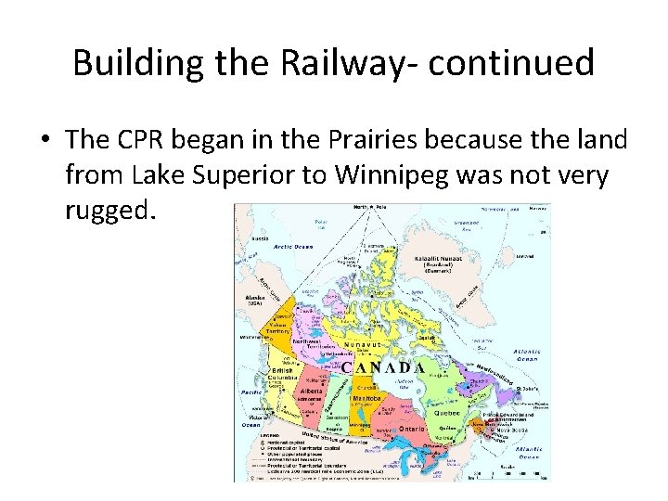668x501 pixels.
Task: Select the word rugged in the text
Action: tap(105, 210)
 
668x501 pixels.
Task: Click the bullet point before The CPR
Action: tap(45, 140)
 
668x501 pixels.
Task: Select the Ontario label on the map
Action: tap(413, 430)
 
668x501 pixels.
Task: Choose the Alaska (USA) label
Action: tap(253, 299)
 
